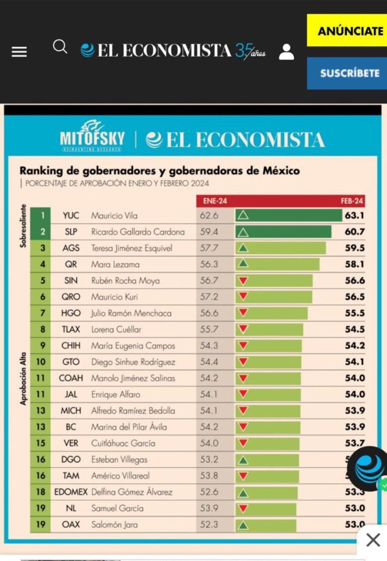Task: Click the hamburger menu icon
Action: [19, 51]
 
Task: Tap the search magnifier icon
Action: [60, 47]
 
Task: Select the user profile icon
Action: [286, 51]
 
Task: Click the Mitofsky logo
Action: [92, 136]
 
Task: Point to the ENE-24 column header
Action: [215, 201]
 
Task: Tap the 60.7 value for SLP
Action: [355, 232]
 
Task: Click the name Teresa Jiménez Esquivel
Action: [132, 248]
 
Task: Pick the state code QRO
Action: [71, 297]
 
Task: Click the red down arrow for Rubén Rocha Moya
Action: [243, 280]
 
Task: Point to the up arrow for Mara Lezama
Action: [243, 264]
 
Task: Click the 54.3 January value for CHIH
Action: [209, 346]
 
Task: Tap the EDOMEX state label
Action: [71, 492]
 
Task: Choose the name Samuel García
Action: [117, 508]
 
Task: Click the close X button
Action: [373, 541]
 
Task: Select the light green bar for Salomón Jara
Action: [272, 525]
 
